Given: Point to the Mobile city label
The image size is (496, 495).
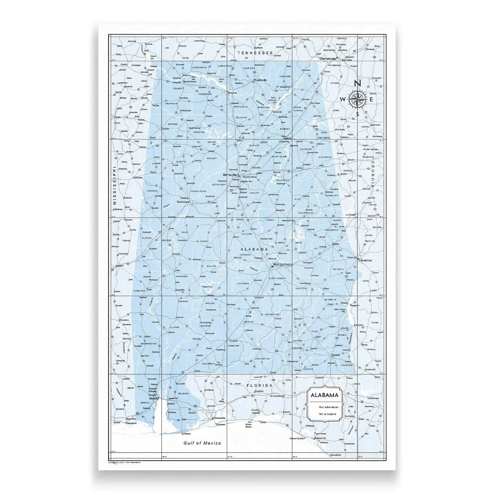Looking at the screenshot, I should coord(154,398).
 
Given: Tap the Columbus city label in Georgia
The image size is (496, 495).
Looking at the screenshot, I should coord(365,261).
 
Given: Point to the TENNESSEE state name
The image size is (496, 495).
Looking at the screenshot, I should coord(255,53).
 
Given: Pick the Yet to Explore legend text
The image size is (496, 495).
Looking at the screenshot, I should coord(325,413).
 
